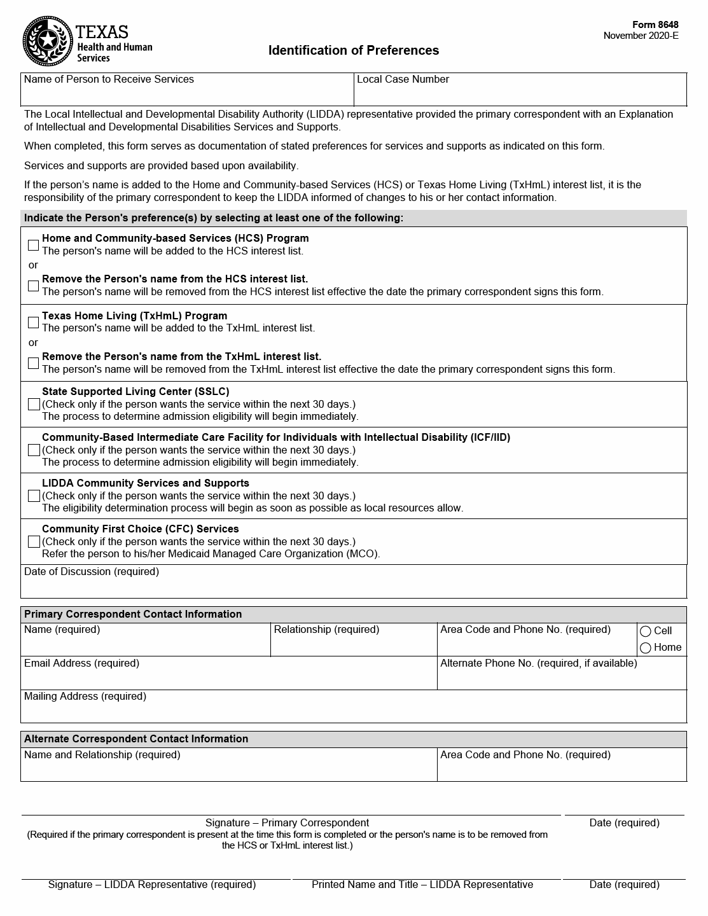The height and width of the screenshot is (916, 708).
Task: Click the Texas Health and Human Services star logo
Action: point(46,41)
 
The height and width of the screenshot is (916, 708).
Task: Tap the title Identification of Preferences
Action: point(353,50)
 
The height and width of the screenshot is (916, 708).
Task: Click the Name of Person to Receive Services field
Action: point(187,94)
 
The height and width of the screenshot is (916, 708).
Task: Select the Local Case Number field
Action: point(520,94)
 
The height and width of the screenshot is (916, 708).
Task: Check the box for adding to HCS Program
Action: point(34,245)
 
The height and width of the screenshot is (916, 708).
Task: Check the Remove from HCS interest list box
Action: point(34,286)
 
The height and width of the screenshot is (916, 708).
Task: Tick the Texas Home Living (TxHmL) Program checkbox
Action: point(34,323)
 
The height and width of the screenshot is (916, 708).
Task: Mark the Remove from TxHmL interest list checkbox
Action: point(34,363)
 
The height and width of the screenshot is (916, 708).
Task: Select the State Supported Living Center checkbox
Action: point(34,405)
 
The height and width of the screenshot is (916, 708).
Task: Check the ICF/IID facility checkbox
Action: point(34,450)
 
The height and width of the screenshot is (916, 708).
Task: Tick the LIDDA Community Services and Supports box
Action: point(34,496)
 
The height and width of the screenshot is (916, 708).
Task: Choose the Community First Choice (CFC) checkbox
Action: point(34,542)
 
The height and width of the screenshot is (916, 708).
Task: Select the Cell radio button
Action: point(646,632)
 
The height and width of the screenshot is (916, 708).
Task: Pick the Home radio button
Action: point(646,648)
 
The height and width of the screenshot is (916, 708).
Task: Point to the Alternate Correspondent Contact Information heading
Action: point(136,739)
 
